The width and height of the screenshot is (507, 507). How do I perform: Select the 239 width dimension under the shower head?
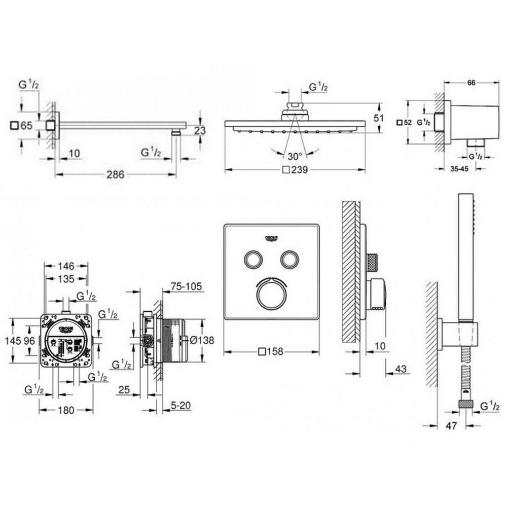[299, 170]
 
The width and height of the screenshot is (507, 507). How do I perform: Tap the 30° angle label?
[295, 156]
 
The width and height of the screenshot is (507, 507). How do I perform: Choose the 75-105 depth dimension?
[186, 287]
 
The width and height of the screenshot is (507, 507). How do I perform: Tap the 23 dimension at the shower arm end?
[200, 131]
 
